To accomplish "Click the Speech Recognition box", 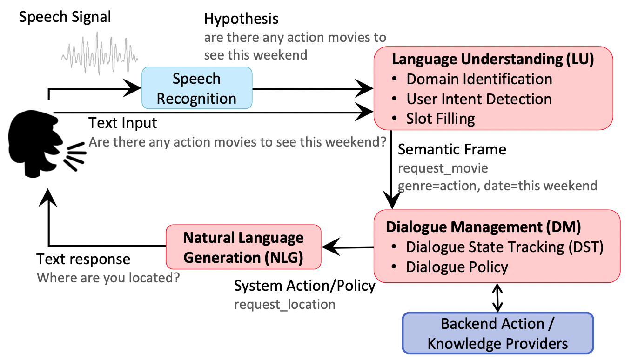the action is (x=197, y=88).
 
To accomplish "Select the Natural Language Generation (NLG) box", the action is (x=243, y=247).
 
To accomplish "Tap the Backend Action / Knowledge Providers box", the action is (x=497, y=333).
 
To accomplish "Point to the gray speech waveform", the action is (x=100, y=53).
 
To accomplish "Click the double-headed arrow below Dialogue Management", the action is (x=497, y=297).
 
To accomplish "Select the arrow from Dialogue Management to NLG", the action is (x=348, y=247).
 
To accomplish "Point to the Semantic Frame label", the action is (x=452, y=149).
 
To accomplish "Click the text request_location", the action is (x=284, y=305).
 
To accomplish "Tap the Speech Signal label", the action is (x=65, y=17).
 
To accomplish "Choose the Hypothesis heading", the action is (x=241, y=19).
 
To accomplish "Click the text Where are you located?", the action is (x=108, y=278).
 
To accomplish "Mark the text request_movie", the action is (x=443, y=168).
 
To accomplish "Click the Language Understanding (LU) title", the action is (x=493, y=59).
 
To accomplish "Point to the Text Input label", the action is (x=122, y=123).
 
